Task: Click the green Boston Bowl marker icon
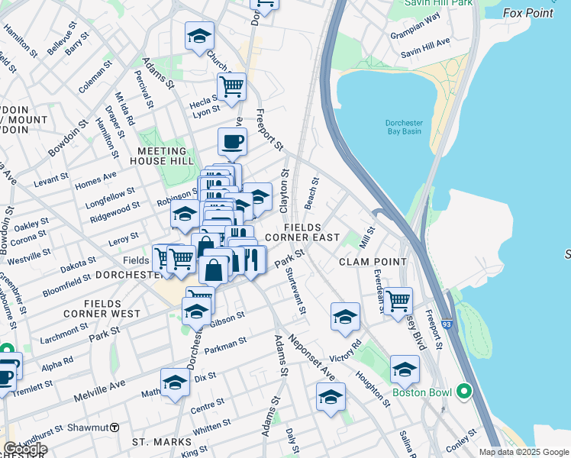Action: [464, 392]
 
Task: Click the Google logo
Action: [25, 449]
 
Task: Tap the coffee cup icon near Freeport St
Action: [232, 141]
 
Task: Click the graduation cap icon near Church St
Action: [199, 35]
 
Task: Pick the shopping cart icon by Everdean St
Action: [398, 301]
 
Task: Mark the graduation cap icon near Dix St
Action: [175, 382]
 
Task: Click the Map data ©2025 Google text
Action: [523, 452]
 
